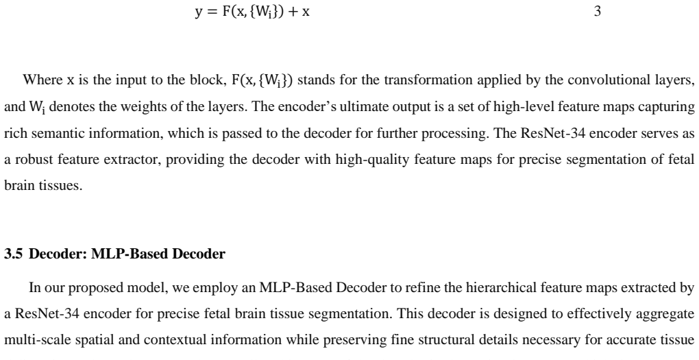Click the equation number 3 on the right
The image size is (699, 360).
pos(598,11)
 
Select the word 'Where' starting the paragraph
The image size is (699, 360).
pos(42,80)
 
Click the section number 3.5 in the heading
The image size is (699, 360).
pos(14,254)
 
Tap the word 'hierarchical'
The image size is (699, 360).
pos(501,288)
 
